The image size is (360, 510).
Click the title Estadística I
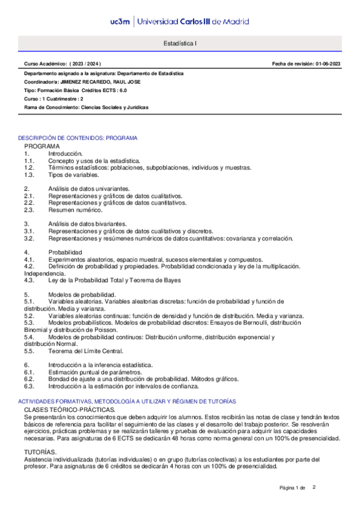(x=180, y=44)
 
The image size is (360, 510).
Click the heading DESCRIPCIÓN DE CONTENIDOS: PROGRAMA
(x=78, y=138)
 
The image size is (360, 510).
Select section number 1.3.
(x=29, y=175)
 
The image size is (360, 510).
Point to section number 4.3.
(x=29, y=280)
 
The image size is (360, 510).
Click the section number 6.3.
(x=29, y=386)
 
